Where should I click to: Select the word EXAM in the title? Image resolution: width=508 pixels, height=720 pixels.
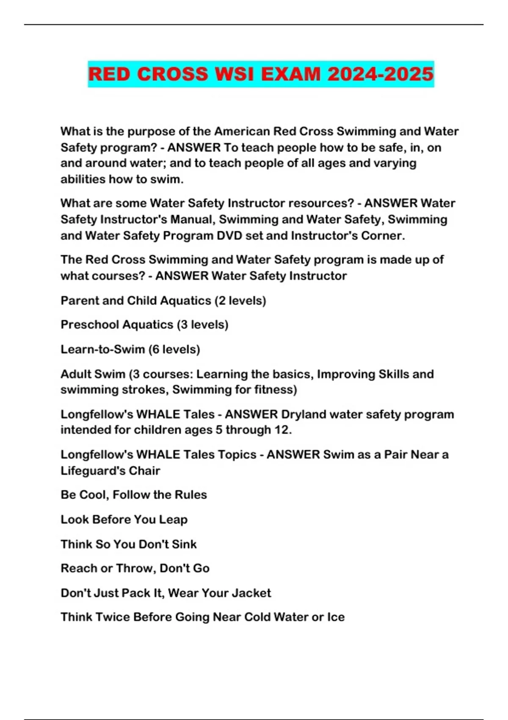click(291, 74)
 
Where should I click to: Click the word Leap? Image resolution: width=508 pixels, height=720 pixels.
click(173, 520)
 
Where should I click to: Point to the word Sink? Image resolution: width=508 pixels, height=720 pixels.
click(185, 544)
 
